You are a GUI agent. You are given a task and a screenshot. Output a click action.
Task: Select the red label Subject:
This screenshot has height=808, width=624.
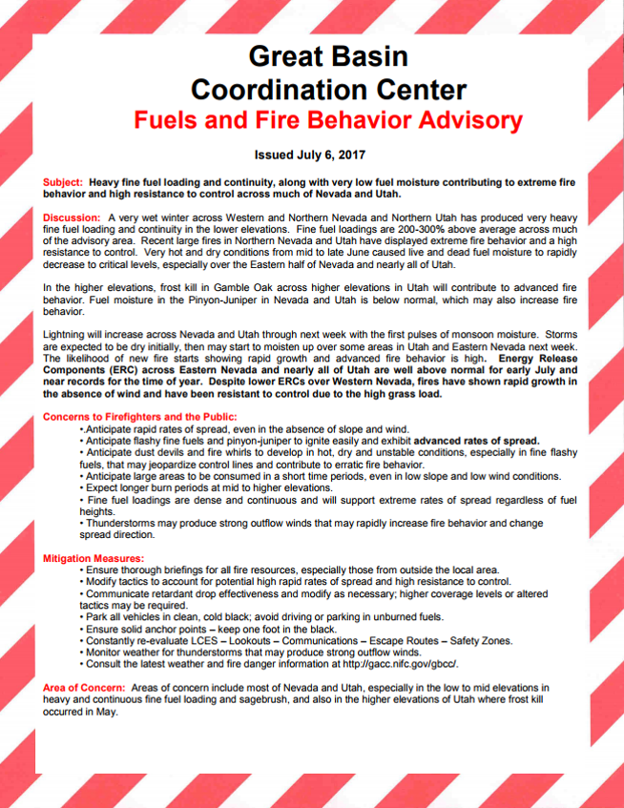64,181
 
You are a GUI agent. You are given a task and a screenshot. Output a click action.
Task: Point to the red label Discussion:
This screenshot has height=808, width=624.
73,218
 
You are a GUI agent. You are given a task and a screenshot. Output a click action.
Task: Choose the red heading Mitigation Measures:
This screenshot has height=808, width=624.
94,557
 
